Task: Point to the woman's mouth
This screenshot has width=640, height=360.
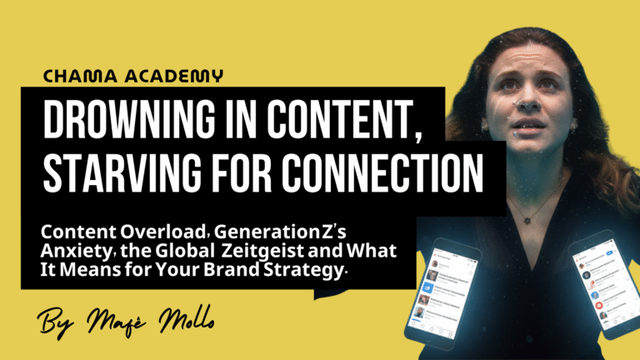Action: tap(527, 124)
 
